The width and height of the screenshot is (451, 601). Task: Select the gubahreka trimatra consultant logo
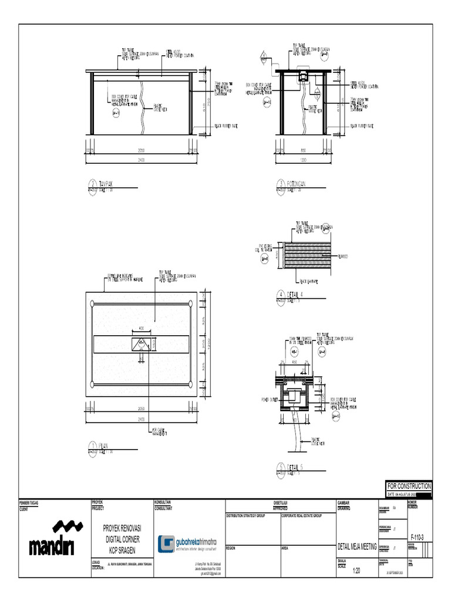tap(187, 543)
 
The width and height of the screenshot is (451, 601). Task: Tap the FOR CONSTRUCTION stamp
tap(409, 487)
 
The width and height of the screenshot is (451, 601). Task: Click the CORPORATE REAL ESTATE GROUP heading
tap(301, 515)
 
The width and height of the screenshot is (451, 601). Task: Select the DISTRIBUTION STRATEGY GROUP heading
tap(246, 515)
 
